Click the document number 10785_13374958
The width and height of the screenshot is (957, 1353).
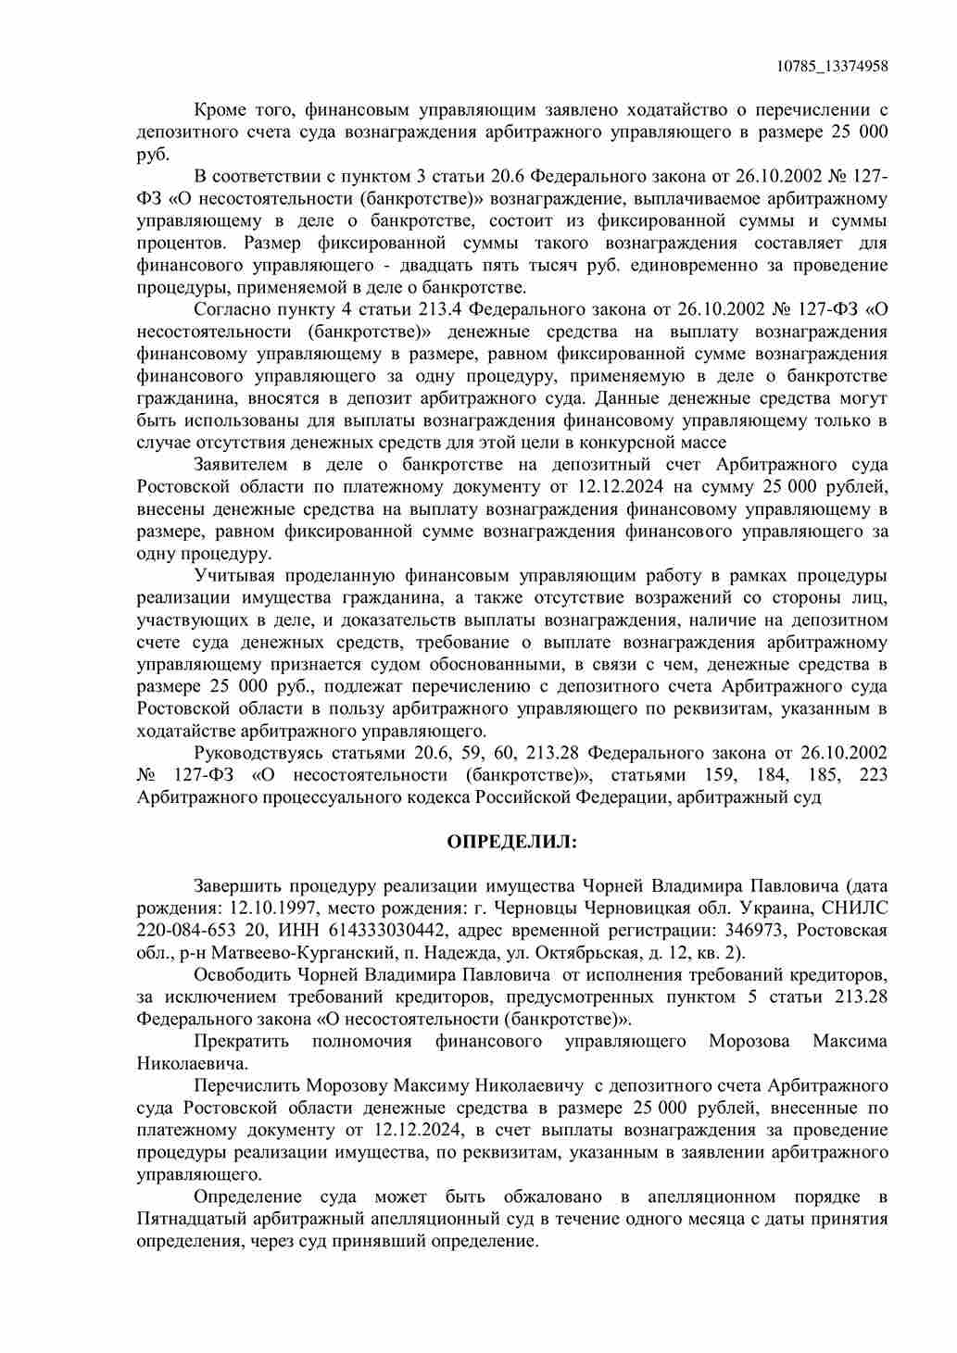pos(832,66)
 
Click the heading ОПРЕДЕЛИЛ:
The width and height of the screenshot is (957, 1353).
pos(511,841)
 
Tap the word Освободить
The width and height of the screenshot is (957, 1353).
pos(242,974)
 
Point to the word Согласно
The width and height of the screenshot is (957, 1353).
pos(231,309)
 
